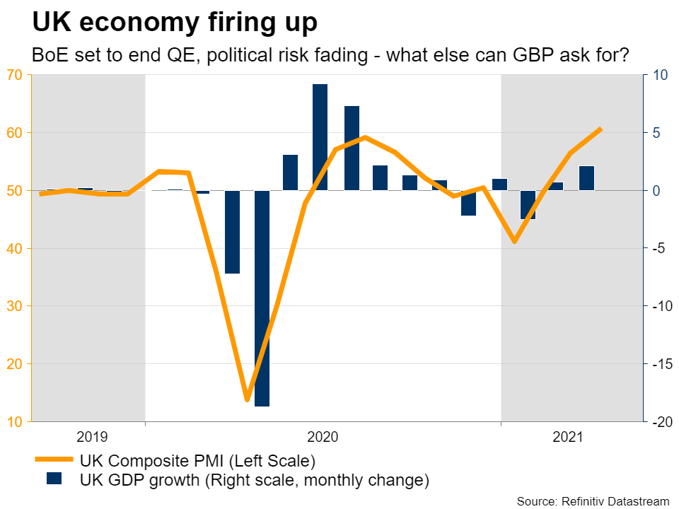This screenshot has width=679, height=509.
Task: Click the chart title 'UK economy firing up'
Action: pyautogui.click(x=175, y=23)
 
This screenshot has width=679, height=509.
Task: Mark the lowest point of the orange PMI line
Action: pyautogui.click(x=247, y=400)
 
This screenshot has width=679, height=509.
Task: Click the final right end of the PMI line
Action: pyautogui.click(x=600, y=129)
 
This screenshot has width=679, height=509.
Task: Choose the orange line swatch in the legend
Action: pyautogui.click(x=54, y=461)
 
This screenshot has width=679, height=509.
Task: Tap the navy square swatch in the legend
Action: pyautogui.click(x=54, y=479)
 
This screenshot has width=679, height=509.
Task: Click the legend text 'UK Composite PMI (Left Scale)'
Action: pyautogui.click(x=197, y=462)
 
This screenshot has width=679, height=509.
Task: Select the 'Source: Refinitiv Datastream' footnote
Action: pyautogui.click(x=592, y=501)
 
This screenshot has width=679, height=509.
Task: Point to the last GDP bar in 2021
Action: pyautogui.click(x=586, y=178)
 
